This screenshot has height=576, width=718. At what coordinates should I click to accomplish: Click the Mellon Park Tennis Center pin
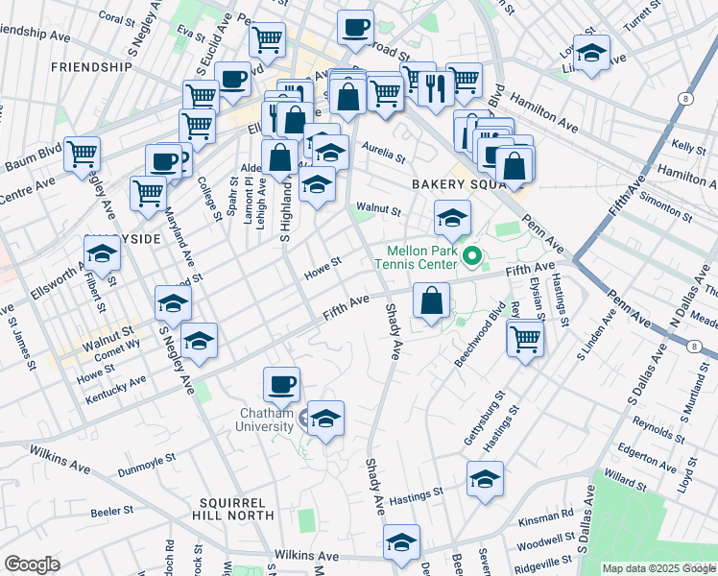471,257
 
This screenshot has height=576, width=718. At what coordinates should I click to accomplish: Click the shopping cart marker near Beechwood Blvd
525,338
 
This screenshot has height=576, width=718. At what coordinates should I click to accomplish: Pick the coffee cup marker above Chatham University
281,385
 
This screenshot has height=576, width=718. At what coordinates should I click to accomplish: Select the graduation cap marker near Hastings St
485,478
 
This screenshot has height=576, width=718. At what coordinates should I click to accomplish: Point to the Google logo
32,564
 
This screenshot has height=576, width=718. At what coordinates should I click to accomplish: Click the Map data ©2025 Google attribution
658,568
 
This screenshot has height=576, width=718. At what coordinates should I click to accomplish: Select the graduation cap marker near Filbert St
102,253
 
